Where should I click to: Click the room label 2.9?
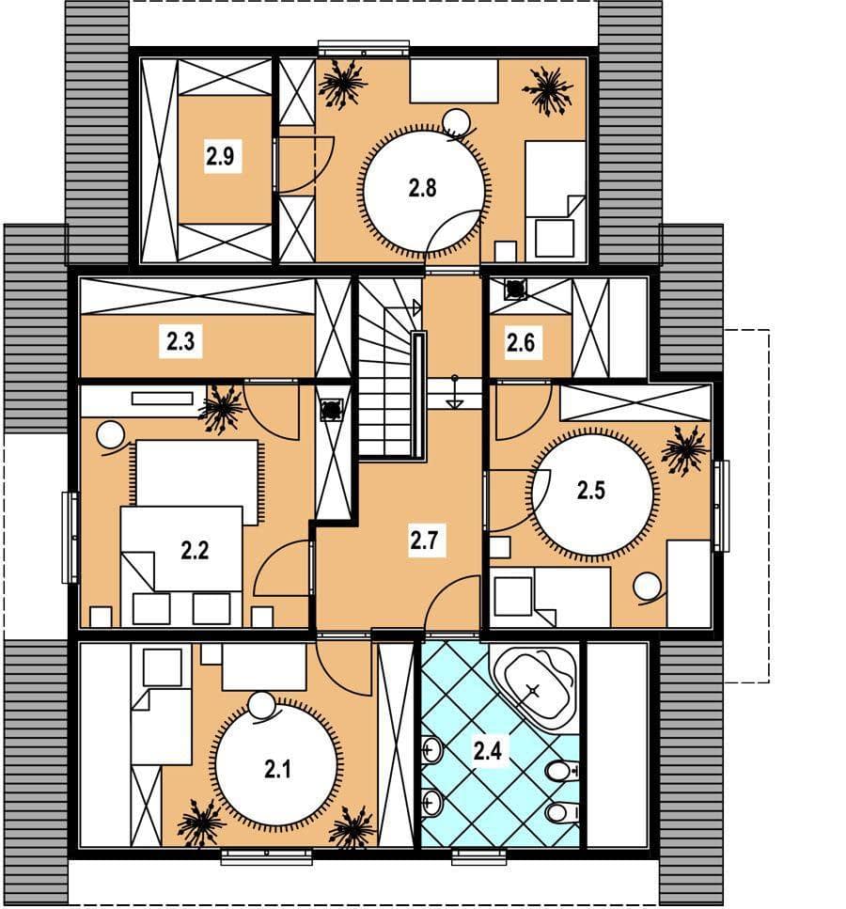point(219,157)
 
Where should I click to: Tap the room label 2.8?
point(422,188)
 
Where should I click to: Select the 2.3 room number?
point(180,341)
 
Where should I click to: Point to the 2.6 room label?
point(521,342)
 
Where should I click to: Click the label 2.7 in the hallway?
point(424,541)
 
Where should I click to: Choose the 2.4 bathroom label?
point(487,751)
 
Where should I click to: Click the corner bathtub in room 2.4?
point(535,687)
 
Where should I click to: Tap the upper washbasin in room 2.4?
point(431,752)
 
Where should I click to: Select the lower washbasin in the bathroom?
point(431,804)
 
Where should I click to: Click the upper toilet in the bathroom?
point(561,771)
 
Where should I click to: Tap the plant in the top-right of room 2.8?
point(549,90)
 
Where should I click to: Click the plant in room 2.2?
point(222,409)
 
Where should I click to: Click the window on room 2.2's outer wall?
point(70,538)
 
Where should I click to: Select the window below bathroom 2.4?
point(479,856)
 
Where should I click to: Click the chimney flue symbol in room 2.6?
point(514,290)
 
